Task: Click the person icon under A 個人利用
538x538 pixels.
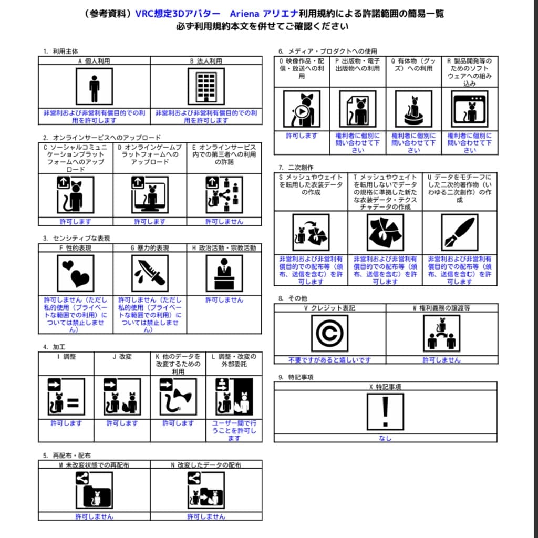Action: (94, 87)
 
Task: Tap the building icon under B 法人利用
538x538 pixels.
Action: (206, 87)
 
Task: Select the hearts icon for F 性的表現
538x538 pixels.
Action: (76, 273)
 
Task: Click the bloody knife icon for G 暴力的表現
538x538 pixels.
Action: (150, 273)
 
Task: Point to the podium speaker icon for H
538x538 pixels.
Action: (224, 273)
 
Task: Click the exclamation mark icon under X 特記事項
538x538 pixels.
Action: (385, 412)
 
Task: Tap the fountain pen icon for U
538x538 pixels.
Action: (460, 232)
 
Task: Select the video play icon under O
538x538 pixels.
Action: (302, 109)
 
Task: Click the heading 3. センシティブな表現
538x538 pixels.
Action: (77, 238)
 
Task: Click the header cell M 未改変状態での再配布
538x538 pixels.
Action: (94, 465)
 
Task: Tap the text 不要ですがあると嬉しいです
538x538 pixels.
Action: (329, 360)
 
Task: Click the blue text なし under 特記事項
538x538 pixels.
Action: (385, 438)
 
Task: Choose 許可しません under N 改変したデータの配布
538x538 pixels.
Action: (206, 516)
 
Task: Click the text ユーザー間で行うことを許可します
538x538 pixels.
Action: (234, 430)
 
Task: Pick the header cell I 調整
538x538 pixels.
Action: (66, 357)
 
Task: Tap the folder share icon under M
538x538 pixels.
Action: (94, 490)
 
